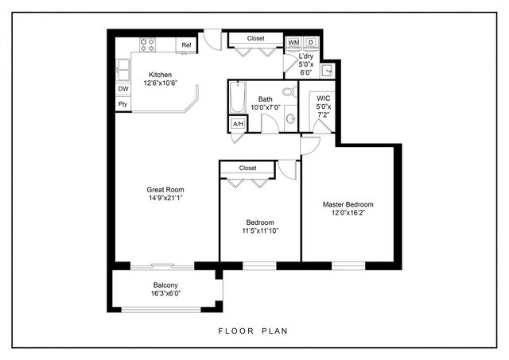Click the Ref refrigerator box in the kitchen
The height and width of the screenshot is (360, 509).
186,45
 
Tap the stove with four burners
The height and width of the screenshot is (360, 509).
148,45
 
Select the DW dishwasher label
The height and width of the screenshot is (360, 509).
123,88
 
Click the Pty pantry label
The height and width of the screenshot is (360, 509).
123,103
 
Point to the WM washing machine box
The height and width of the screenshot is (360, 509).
293,42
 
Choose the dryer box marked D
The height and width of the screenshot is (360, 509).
311,42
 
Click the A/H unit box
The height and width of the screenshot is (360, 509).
237,124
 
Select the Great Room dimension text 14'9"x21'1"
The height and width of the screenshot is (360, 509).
165,199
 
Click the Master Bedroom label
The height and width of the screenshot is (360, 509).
348,204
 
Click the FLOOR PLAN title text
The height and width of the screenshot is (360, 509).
253,331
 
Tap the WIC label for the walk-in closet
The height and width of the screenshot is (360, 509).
323,98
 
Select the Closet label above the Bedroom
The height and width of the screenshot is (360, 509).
247,168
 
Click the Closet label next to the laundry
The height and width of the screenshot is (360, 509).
255,37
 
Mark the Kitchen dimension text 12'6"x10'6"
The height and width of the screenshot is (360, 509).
160,83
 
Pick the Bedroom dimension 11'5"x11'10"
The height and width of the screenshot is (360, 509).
259,231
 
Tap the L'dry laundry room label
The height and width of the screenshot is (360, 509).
305,56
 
